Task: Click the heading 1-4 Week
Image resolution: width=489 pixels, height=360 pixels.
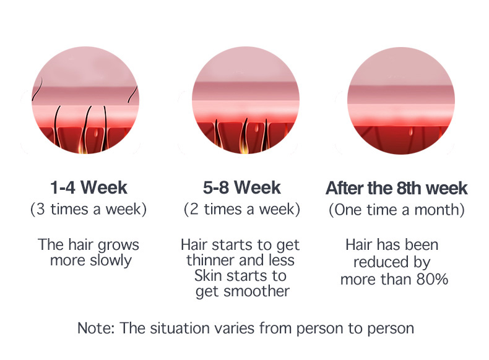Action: [x=89, y=187]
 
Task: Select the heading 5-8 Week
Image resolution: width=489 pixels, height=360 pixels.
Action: [x=241, y=187]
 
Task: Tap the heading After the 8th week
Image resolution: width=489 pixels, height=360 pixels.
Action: [x=396, y=188]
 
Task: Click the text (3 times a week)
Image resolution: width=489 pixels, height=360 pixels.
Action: [x=89, y=209]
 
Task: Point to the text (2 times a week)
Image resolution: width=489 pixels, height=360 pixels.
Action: [x=241, y=209]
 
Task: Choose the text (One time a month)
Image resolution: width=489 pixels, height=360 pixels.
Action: [x=397, y=210]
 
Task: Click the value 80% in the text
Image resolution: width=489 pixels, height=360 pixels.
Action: [x=432, y=279]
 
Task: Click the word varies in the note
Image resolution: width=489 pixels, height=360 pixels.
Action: [x=236, y=328]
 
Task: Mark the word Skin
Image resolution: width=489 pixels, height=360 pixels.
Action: [x=206, y=276]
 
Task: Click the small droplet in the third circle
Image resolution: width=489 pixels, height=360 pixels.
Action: [x=411, y=132]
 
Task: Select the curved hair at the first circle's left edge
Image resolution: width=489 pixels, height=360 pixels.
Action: [x=37, y=89]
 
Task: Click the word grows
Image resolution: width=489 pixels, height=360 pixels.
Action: [x=118, y=246]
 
